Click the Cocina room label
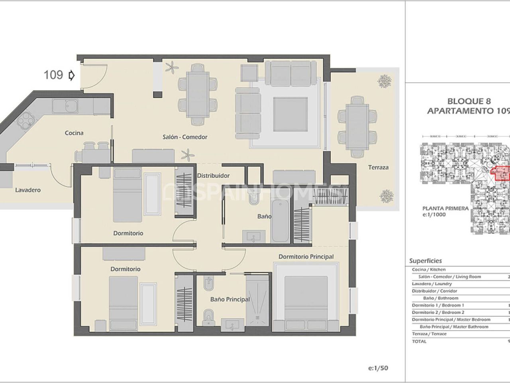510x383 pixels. coord(74,133)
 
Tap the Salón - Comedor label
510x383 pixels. coord(185,137)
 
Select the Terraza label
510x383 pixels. coord(378,167)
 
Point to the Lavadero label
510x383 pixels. coord(28,190)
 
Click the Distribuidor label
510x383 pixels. coord(214,176)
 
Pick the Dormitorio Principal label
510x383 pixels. coord(306,257)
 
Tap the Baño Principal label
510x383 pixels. coord(230,299)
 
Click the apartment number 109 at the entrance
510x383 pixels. coord(53,75)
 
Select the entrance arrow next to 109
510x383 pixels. coord(72,75)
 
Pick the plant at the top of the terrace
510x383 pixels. coord(384,81)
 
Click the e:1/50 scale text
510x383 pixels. coord(379,368)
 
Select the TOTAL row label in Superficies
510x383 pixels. coord(419,341)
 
